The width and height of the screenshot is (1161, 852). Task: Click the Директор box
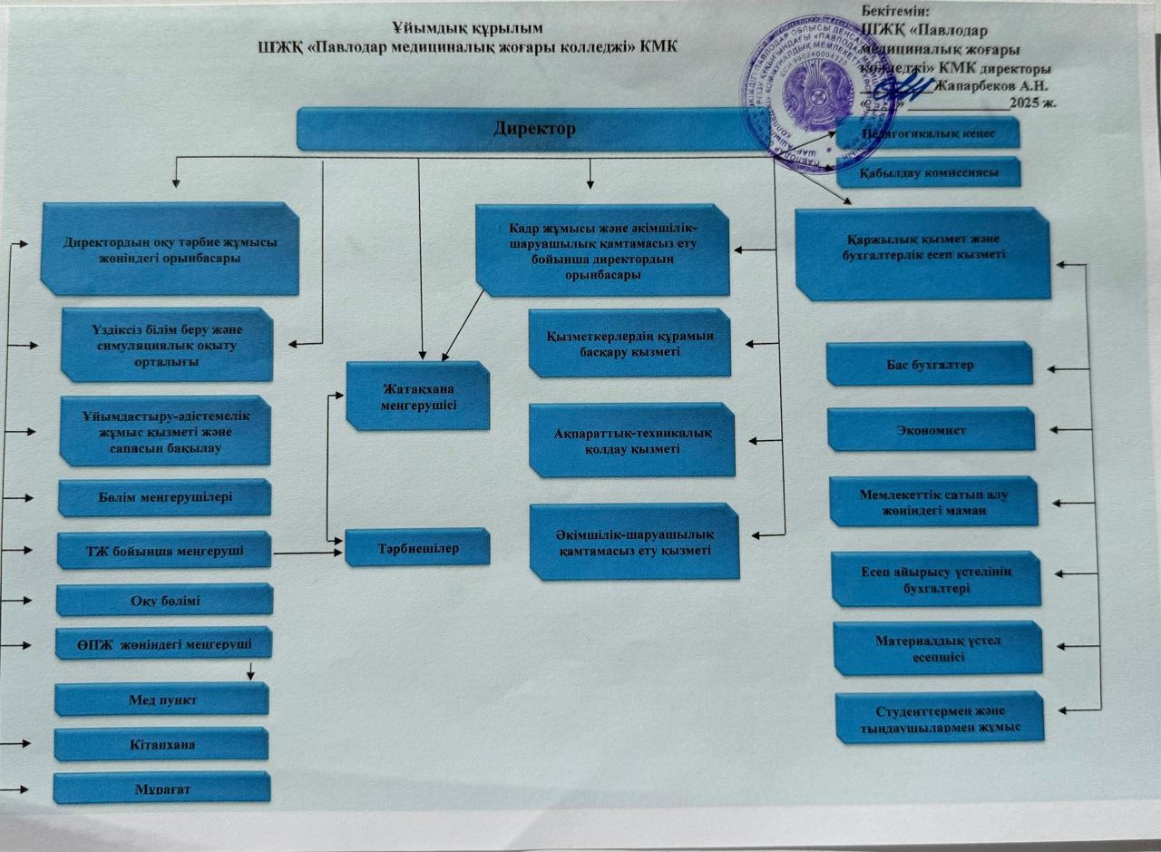click(x=535, y=128)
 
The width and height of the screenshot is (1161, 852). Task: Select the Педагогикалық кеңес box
click(x=928, y=133)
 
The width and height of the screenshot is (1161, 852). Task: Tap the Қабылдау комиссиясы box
click(x=928, y=172)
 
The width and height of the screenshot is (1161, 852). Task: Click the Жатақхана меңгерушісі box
click(x=417, y=396)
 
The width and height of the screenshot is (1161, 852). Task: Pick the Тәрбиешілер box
click(x=418, y=548)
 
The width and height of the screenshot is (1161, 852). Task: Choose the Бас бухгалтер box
click(x=930, y=364)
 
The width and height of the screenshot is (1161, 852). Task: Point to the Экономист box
click(x=932, y=429)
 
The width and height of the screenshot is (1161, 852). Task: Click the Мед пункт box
click(x=162, y=700)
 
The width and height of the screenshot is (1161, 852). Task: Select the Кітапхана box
click(x=161, y=744)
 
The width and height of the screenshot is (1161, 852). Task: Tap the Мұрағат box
click(x=162, y=788)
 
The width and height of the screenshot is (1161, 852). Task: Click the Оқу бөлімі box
click(x=164, y=600)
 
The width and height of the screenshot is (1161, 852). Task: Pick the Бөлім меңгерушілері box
click(x=164, y=497)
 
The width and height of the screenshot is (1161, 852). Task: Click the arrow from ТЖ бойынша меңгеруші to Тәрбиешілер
click(x=308, y=552)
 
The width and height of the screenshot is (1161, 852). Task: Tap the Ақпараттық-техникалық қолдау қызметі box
click(x=632, y=440)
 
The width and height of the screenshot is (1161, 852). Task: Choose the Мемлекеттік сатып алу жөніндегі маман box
click(x=933, y=502)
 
